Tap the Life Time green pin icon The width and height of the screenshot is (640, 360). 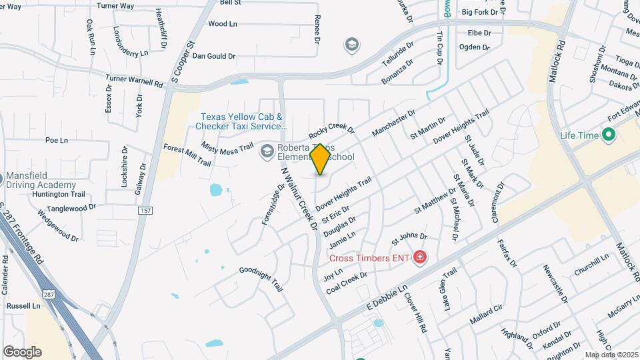[x=608, y=135]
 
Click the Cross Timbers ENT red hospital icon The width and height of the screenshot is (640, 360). [x=420, y=257]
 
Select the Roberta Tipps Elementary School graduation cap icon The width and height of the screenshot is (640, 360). [x=267, y=151]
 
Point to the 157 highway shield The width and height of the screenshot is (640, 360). [x=145, y=210]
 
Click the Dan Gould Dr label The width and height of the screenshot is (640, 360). [x=214, y=56]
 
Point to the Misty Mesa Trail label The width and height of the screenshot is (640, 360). [x=228, y=142]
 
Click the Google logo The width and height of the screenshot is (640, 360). [x=22, y=352]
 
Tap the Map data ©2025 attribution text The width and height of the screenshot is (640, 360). [x=611, y=355]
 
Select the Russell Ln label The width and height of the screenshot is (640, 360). [x=23, y=306]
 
